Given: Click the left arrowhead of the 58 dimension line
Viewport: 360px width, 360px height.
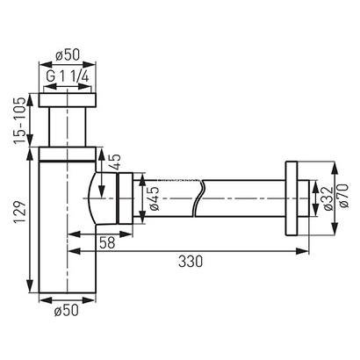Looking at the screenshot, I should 72,234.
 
